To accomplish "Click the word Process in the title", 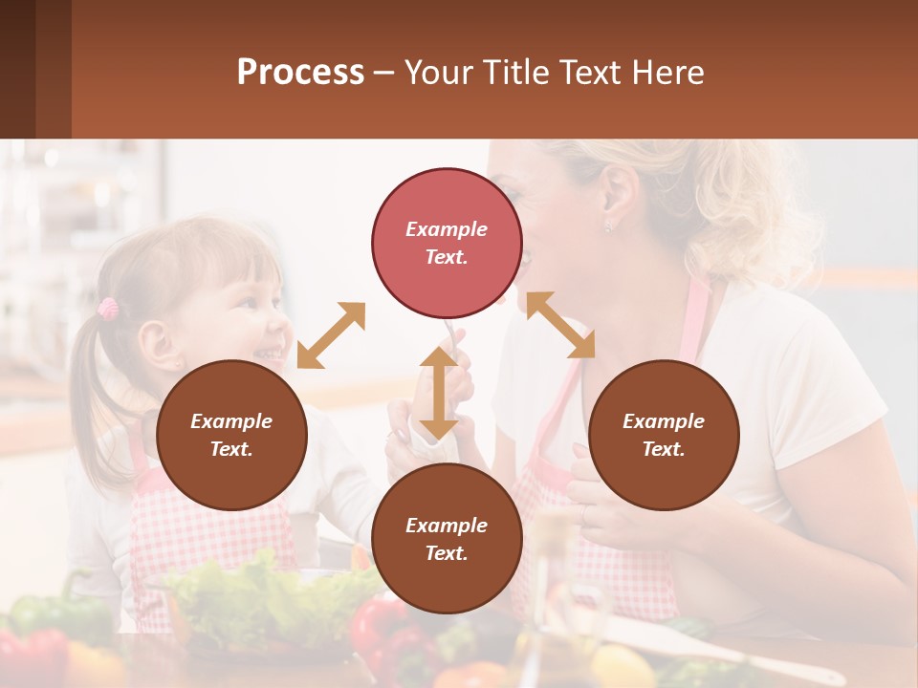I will pyautogui.click(x=300, y=73).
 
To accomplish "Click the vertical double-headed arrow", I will pyautogui.click(x=438, y=393).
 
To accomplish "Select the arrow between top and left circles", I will pyautogui.click(x=331, y=335).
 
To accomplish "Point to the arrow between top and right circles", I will pyautogui.click(x=560, y=325).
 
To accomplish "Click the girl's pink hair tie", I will pyautogui.click(x=108, y=308).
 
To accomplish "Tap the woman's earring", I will pyautogui.click(x=607, y=227).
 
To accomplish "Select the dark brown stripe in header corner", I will pyautogui.click(x=17, y=69).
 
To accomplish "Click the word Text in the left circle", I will pyautogui.click(x=231, y=449).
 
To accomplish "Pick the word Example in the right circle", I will pyautogui.click(x=664, y=421).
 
